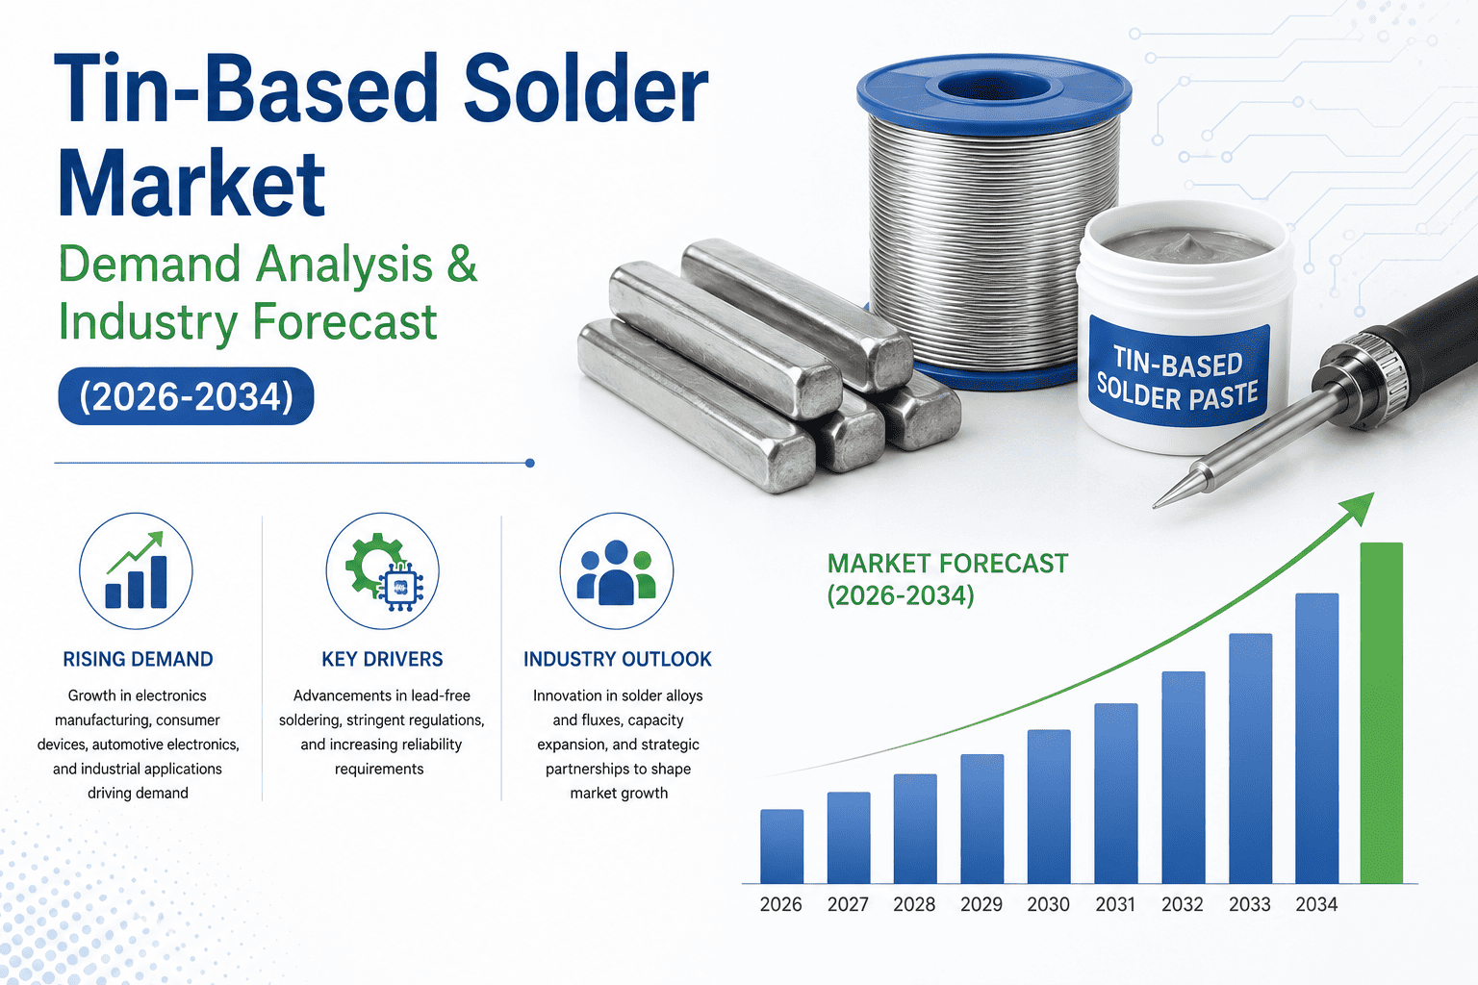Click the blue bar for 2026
(782, 846)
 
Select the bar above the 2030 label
(1049, 806)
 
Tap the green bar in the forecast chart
(1382, 713)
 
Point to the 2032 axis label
(1183, 904)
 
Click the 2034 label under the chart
(1316, 904)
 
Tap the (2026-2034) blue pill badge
(186, 396)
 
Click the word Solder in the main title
(585, 89)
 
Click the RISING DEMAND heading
(138, 659)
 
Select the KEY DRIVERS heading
(382, 659)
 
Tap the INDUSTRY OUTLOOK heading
(618, 659)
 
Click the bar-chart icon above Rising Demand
(136, 570)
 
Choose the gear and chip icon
(383, 570)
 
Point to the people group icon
(616, 570)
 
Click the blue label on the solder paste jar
(1179, 375)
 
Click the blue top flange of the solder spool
(994, 94)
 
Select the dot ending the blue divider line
(530, 463)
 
